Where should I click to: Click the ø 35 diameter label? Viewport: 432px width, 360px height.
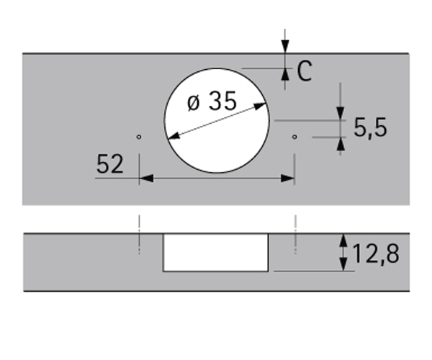pos(212,101)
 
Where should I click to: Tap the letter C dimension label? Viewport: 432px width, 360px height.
pos(305,71)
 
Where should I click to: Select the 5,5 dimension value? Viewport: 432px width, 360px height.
pos(370,127)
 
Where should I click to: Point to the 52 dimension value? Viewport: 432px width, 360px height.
pos(110,163)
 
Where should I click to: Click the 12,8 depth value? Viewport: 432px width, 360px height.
pos(376,253)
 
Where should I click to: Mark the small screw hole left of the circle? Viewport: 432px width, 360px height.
pos(139,137)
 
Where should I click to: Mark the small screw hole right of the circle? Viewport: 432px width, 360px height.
pos(294,137)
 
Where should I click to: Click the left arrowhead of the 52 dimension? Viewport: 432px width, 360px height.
pos(146,179)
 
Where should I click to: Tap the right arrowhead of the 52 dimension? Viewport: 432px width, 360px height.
pos(287,179)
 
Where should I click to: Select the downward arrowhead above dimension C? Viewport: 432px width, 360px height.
pos(285,46)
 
